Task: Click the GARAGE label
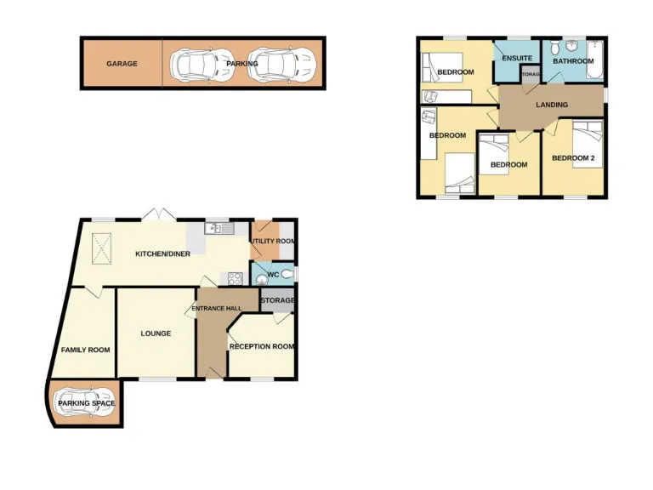(122, 64)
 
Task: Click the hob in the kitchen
(230, 278)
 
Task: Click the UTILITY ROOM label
(272, 242)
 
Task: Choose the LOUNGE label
(156, 333)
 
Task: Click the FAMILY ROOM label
(86, 350)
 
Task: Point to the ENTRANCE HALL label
(217, 308)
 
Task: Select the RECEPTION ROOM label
(262, 346)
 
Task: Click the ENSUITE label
(517, 59)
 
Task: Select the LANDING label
(551, 105)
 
